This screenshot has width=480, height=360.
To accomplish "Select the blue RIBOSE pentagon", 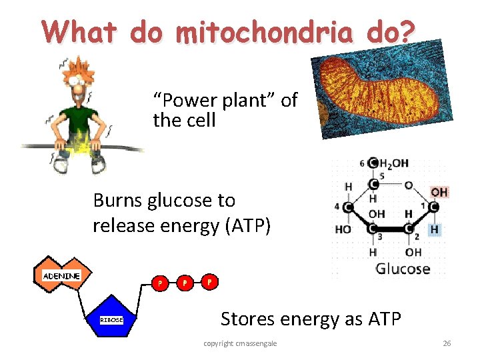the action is pyautogui.click(x=111, y=320).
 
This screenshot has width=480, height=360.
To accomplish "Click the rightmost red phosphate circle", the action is pyautogui.click(x=209, y=281).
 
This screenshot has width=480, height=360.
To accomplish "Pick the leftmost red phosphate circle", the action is pyautogui.click(x=159, y=283).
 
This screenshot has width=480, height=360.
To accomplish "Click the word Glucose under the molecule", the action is pyautogui.click(x=403, y=269).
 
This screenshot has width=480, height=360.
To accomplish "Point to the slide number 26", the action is pyautogui.click(x=447, y=343).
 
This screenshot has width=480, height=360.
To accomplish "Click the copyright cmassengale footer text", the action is pyautogui.click(x=240, y=343).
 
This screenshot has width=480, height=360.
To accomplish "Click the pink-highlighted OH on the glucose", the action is pyautogui.click(x=439, y=192).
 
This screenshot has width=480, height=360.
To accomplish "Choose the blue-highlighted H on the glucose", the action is pyautogui.click(x=435, y=229).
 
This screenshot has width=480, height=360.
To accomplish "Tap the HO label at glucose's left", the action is pyautogui.click(x=343, y=229).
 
